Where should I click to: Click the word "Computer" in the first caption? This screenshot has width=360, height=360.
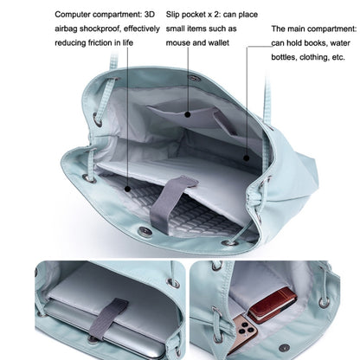point(75,15)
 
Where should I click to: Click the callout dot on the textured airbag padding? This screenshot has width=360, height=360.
point(130,186)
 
